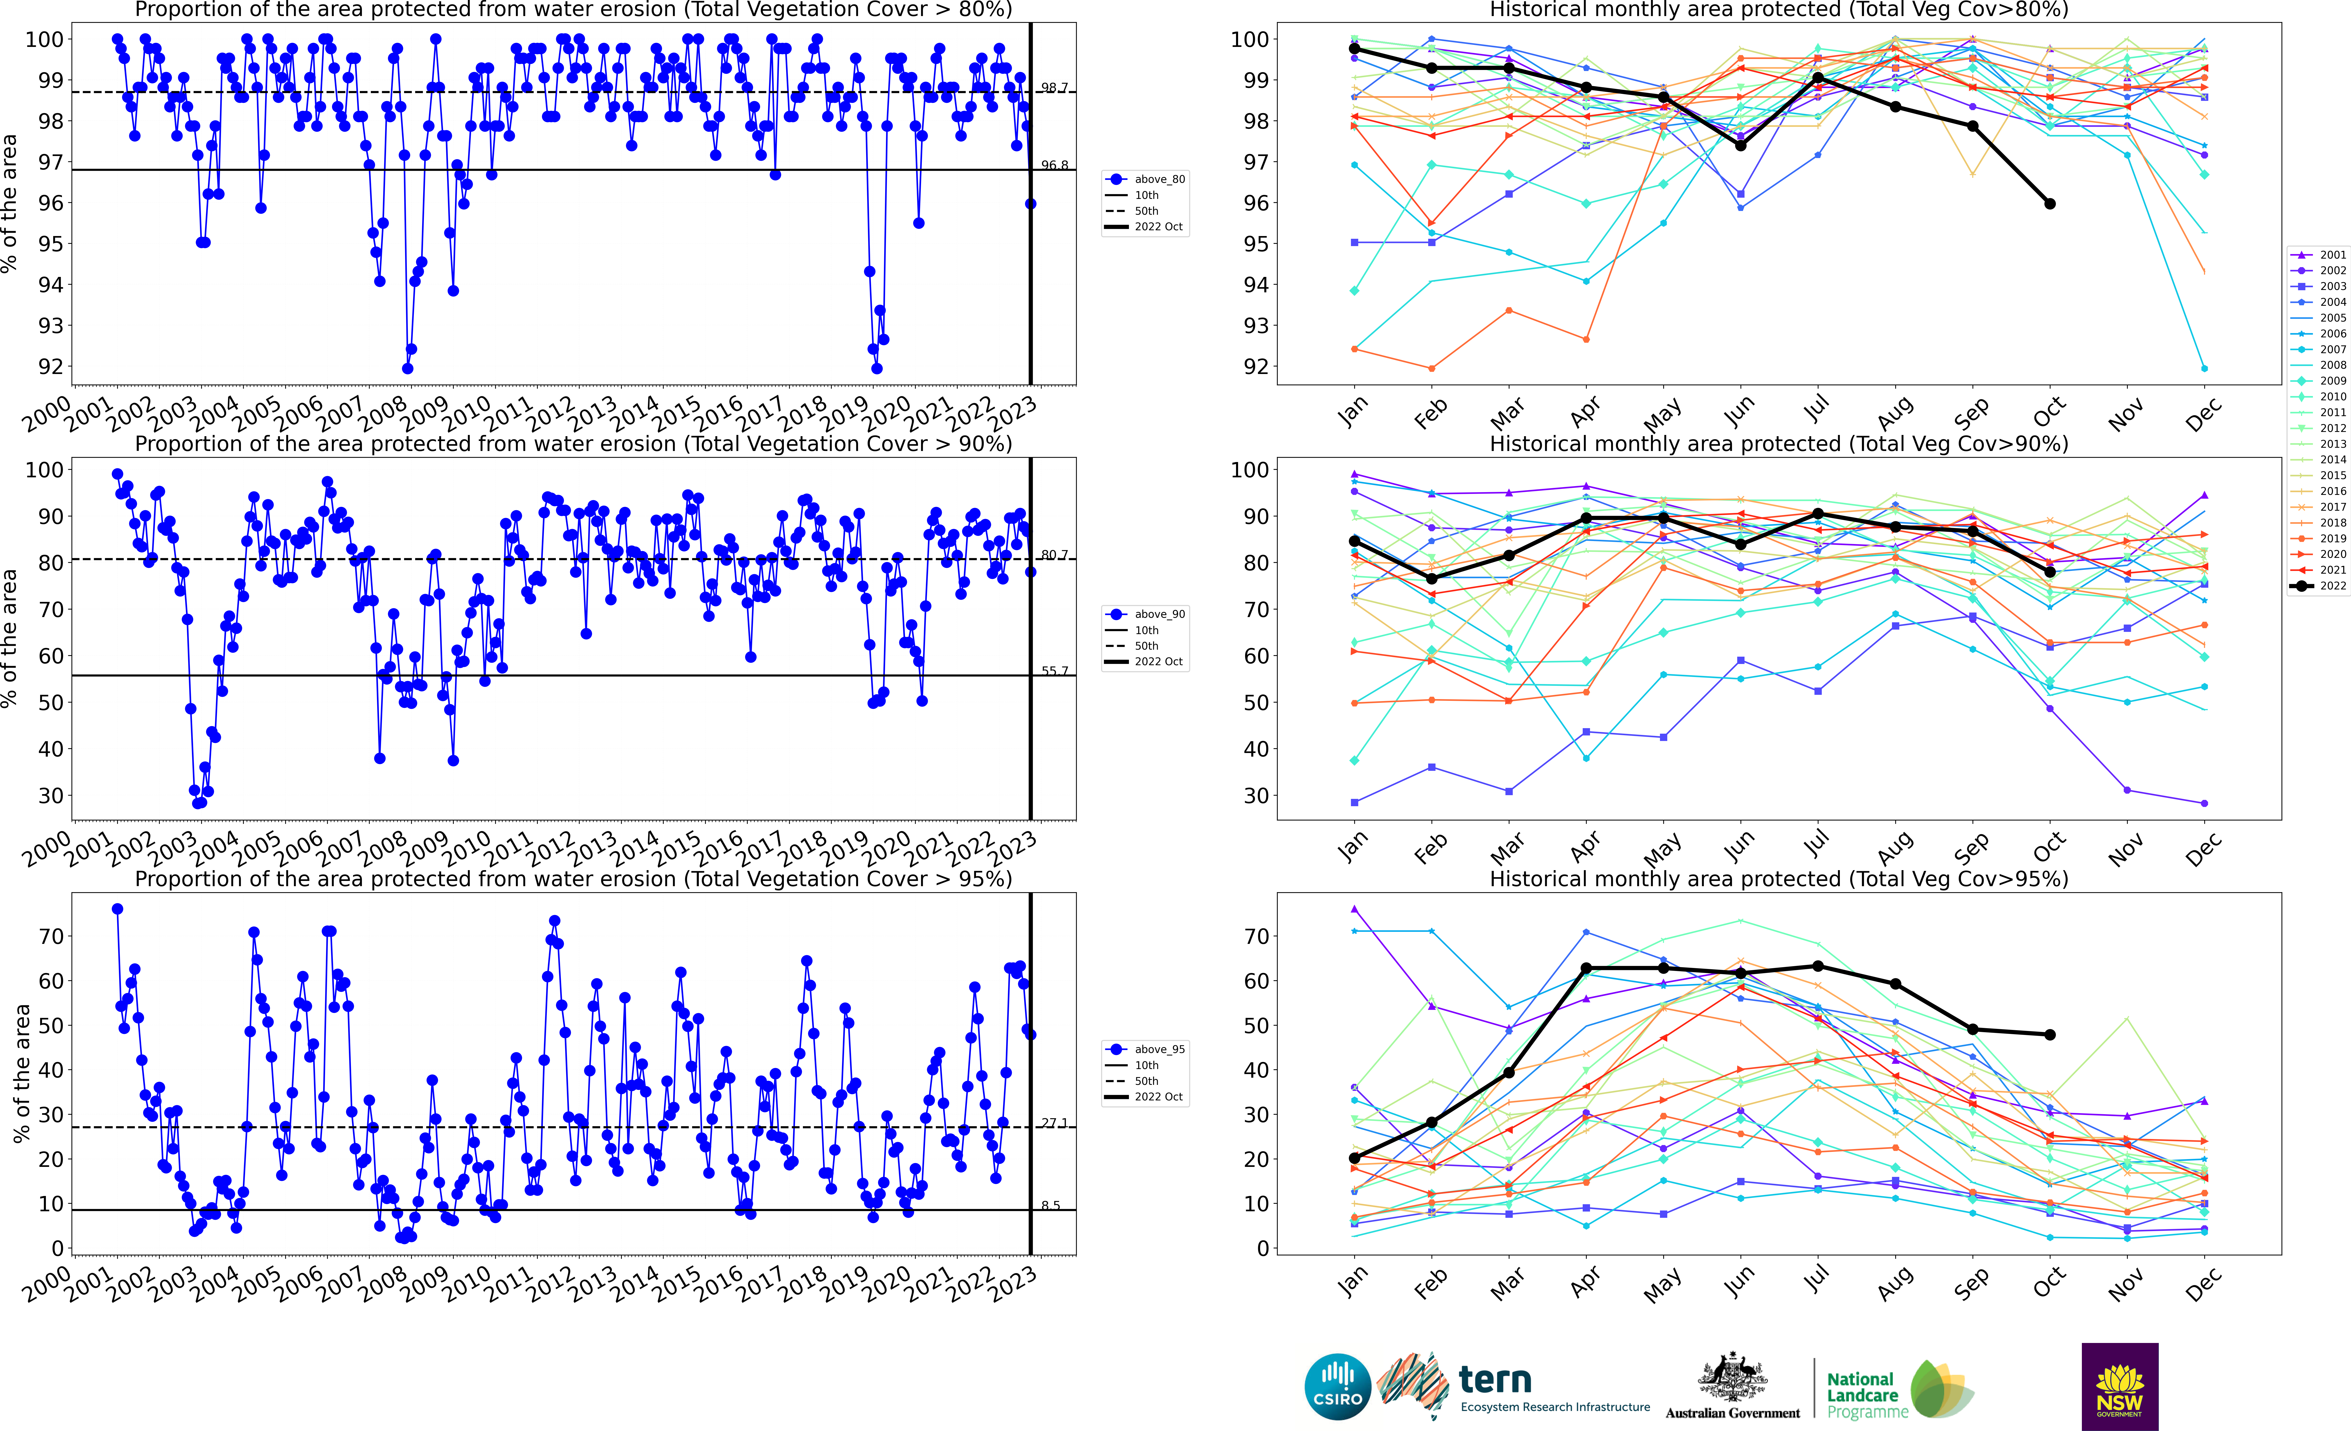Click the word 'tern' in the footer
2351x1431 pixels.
pos(1495,1380)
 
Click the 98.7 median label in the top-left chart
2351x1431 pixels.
pos(1054,88)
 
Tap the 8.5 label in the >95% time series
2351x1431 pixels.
pos(1050,1206)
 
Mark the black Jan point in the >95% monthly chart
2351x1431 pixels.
pos(1354,1158)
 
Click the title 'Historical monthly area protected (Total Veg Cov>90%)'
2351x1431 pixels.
pos(1779,444)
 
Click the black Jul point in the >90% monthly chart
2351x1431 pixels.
pos(1818,514)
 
